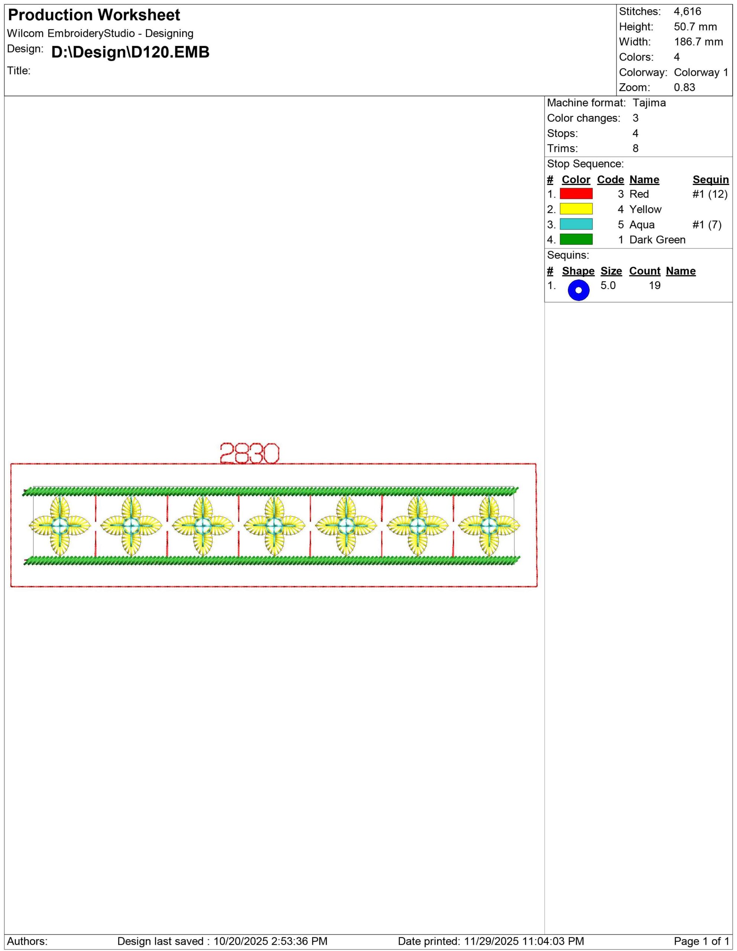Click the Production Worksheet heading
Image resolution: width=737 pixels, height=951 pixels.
pyautogui.click(x=94, y=15)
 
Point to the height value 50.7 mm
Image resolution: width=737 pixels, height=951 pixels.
pyautogui.click(x=695, y=27)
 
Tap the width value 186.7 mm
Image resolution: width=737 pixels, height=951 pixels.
pyautogui.click(x=698, y=42)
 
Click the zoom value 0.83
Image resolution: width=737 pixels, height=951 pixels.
pyautogui.click(x=684, y=88)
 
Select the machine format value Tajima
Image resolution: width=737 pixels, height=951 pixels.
pyautogui.click(x=649, y=103)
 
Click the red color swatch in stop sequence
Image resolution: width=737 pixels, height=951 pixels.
pyautogui.click(x=576, y=194)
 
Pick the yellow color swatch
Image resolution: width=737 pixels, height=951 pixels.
pyautogui.click(x=576, y=209)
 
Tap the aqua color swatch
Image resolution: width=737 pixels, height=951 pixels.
pyautogui.click(x=576, y=224)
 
